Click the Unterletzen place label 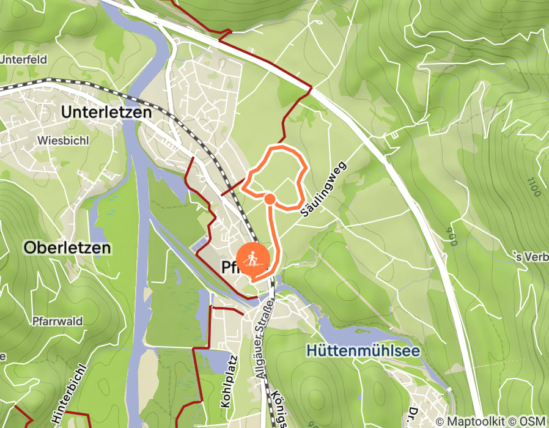[x=106, y=113]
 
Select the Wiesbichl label [x=64, y=140]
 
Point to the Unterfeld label [x=23, y=60]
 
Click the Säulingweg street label [x=324, y=188]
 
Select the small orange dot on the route [x=270, y=198]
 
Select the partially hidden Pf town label [x=227, y=267]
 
